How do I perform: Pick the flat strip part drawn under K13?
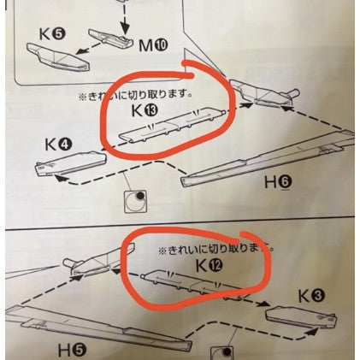point(171,124)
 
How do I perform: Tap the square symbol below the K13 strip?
point(134,201)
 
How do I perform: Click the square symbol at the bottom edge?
point(225,352)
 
